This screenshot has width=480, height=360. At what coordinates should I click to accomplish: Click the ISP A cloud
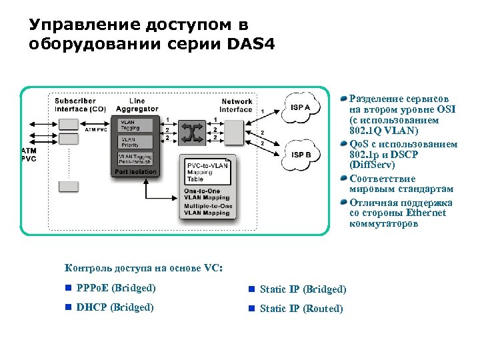[301, 108]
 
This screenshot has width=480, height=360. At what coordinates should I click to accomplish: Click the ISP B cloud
[301, 155]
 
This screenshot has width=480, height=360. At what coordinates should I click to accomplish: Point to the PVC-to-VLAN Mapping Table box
[207, 171]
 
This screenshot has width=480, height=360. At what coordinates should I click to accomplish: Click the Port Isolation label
[135, 171]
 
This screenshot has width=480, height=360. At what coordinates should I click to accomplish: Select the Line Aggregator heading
[137, 105]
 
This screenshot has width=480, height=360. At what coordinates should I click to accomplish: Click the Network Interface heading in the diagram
[237, 105]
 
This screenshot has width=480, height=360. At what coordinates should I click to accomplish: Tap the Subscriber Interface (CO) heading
[79, 105]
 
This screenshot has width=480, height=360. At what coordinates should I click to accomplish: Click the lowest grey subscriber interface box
[69, 187]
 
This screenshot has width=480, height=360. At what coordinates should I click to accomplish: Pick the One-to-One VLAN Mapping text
[206, 195]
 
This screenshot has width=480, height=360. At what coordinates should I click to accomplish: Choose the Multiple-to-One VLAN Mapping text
[207, 210]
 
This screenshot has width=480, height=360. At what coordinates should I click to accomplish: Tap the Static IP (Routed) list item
[301, 308]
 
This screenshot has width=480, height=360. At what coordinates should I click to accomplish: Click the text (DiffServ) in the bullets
[372, 164]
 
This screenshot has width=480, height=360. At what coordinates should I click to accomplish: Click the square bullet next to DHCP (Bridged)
[68, 307]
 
